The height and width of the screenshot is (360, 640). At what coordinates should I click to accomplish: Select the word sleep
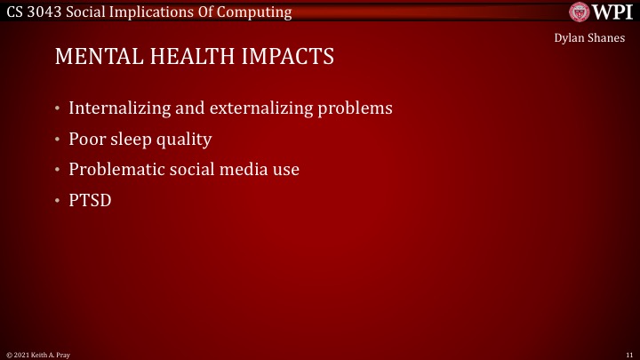point(134,140)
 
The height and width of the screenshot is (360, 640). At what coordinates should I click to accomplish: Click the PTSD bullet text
point(91,200)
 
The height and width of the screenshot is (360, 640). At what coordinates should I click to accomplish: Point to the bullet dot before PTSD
point(58,200)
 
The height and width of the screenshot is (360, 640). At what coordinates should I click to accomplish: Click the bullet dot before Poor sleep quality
point(58,140)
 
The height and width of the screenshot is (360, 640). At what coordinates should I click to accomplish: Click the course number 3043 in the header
point(45,12)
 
